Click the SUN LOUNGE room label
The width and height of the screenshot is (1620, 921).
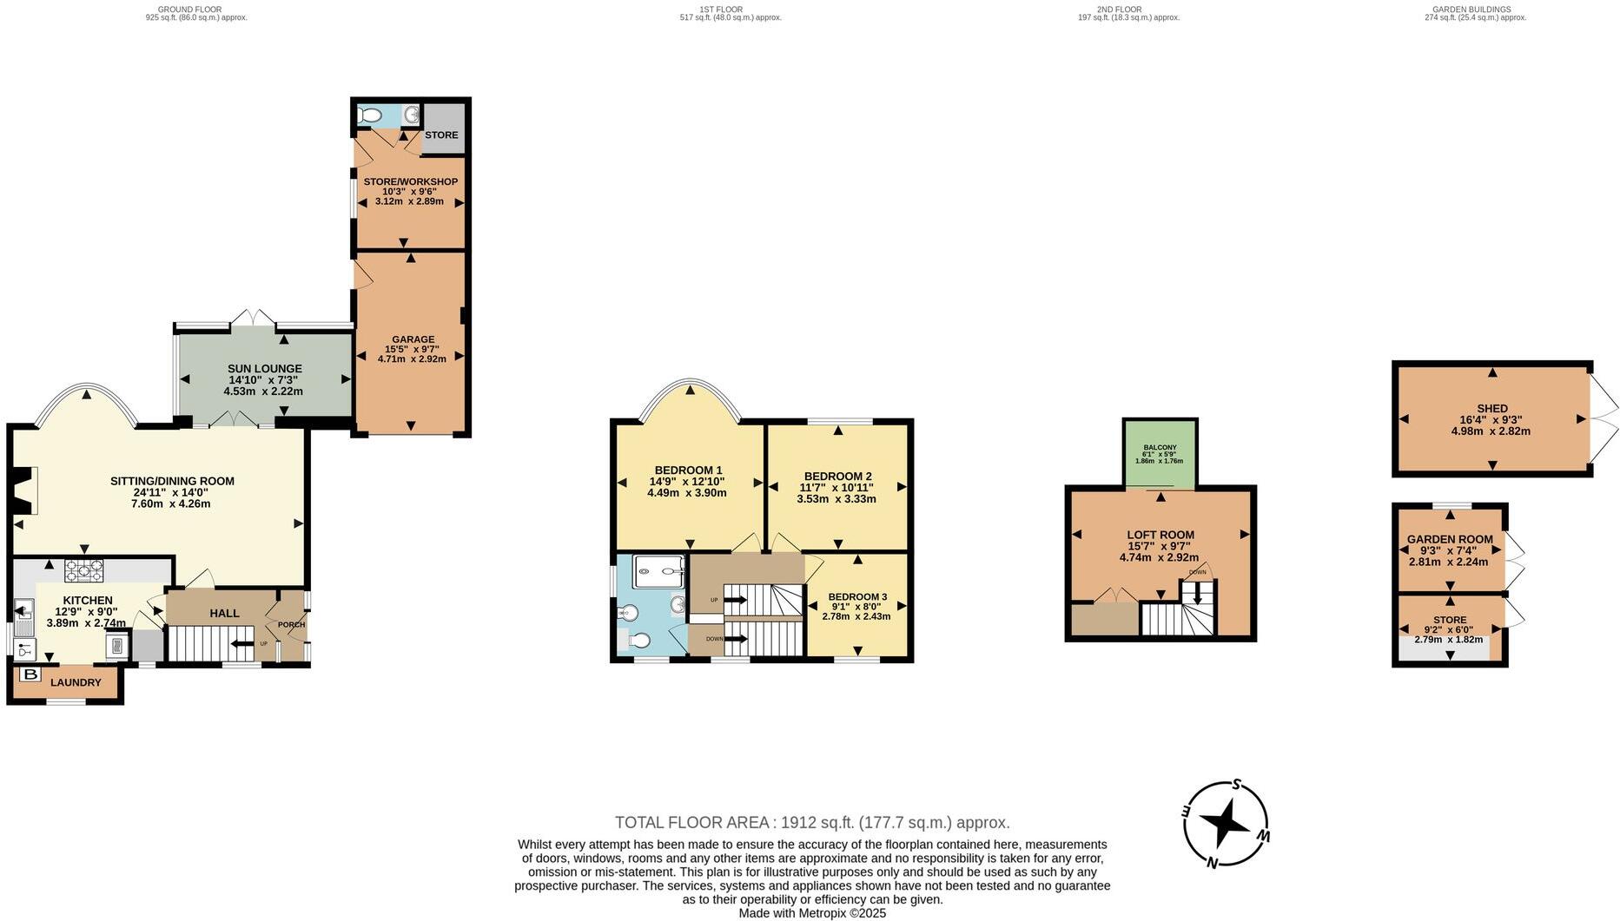pyautogui.click(x=264, y=369)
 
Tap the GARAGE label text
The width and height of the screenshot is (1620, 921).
pyautogui.click(x=413, y=339)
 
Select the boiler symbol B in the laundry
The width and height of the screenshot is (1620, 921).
pyautogui.click(x=30, y=674)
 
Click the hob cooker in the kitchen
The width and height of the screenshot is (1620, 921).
pyautogui.click(x=83, y=570)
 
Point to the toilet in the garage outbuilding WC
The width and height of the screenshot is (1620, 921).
pyautogui.click(x=371, y=115)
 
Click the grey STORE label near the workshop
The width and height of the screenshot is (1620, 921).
pyautogui.click(x=441, y=135)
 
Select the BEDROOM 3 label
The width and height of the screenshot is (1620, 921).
pyautogui.click(x=856, y=596)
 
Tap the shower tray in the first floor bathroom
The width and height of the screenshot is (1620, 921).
pyautogui.click(x=660, y=567)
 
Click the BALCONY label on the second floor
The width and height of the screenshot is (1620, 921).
pyautogui.click(x=1160, y=447)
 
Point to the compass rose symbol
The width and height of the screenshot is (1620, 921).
pyautogui.click(x=1225, y=823)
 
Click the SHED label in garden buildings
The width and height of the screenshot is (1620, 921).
pyautogui.click(x=1491, y=408)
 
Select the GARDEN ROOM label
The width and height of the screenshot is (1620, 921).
pyautogui.click(x=1449, y=539)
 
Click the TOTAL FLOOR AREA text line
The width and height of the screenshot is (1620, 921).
pyautogui.click(x=811, y=822)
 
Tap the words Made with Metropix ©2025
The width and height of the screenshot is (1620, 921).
pyautogui.click(x=811, y=913)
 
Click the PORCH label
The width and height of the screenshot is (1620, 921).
pyautogui.click(x=291, y=625)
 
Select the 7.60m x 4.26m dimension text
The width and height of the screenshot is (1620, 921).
pyautogui.click(x=171, y=503)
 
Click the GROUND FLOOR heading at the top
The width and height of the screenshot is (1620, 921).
pyautogui.click(x=195, y=10)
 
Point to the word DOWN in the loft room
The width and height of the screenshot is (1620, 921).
pyautogui.click(x=1197, y=572)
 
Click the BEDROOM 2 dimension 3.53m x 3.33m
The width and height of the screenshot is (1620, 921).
pyautogui.click(x=836, y=499)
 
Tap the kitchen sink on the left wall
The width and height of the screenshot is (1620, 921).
pyautogui.click(x=23, y=611)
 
